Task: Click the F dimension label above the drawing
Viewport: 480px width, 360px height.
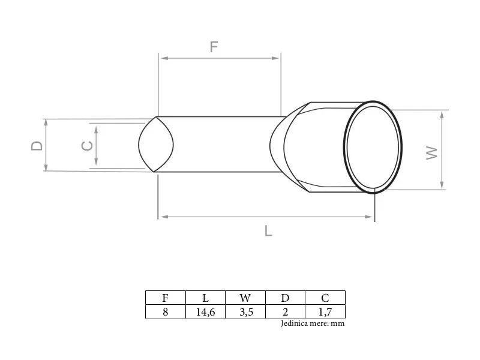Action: point(214,47)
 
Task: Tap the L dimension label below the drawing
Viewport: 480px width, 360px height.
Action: point(268,230)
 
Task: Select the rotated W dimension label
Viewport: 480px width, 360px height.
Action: point(432,153)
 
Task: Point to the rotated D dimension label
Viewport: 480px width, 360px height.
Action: point(37,146)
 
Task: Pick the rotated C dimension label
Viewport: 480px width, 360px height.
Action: point(87,146)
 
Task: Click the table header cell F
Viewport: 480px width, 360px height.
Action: point(166,298)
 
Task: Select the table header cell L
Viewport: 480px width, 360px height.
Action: point(205,298)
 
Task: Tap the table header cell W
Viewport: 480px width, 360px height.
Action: point(245,298)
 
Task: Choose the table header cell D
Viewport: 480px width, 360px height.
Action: point(285,298)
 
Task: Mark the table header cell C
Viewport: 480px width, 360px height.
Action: point(325,298)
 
